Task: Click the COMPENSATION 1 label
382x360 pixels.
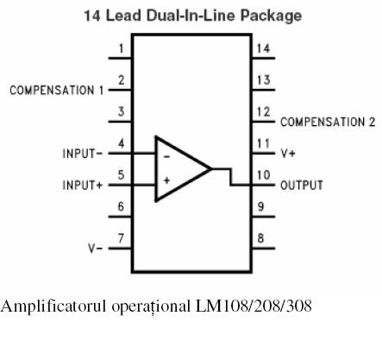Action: tap(57, 91)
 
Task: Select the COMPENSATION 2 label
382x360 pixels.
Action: tap(328, 122)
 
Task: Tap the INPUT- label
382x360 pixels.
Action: tap(83, 154)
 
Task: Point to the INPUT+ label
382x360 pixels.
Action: tap(83, 185)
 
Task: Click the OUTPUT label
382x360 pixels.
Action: tap(302, 185)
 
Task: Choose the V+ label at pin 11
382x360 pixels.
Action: tap(288, 154)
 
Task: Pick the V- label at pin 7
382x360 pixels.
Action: tap(95, 248)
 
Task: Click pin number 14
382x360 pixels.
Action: tap(263, 48)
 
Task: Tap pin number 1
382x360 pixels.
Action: tap(122, 48)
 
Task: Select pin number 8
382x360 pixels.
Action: tap(260, 238)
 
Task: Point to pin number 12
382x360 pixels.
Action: tap(263, 111)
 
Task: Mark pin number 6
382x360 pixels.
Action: tap(121, 206)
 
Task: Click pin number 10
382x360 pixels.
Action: tap(263, 175)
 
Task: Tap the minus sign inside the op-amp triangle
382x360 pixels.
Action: tap(166, 157)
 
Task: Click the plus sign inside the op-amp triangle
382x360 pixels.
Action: tap(166, 180)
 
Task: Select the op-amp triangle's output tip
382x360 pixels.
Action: tap(211, 169)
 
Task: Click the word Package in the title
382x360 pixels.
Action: tap(271, 16)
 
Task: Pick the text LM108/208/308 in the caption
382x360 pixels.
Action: tap(254, 306)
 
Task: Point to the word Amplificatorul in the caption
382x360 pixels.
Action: tap(53, 306)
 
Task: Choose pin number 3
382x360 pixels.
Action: tap(121, 111)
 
